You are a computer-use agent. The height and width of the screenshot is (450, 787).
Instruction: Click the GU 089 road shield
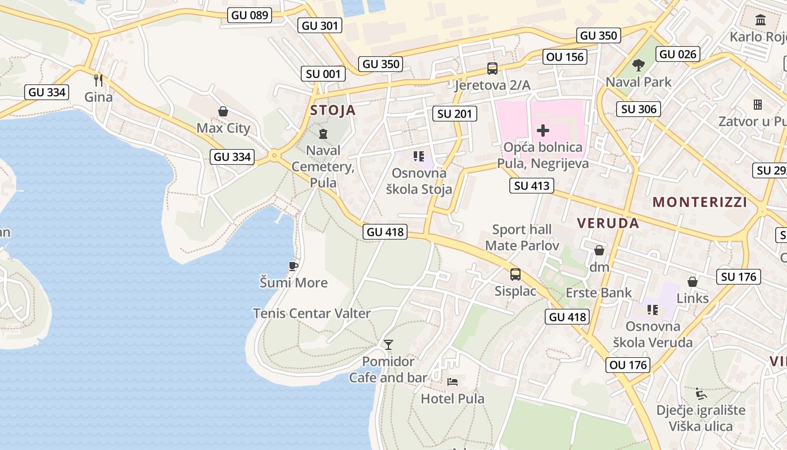coord(250,15)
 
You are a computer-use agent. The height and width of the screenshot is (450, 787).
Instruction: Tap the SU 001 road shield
coord(323,74)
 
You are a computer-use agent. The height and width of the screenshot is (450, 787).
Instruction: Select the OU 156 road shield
coord(565,57)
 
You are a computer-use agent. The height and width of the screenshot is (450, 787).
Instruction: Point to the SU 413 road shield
coord(532,186)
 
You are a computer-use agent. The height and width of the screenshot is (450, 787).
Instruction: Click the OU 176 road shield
coord(628,365)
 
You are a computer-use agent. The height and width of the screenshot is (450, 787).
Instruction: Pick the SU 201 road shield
coord(455,114)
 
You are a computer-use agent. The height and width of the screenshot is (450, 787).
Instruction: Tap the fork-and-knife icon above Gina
coord(98,80)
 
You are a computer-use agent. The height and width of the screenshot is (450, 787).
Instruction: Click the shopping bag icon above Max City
coord(223,111)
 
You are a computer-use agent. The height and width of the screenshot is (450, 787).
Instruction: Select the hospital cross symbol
coord(542,131)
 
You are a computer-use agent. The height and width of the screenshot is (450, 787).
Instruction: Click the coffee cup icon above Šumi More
coord(293,265)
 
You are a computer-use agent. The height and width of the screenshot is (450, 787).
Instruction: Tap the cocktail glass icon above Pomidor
coord(388,344)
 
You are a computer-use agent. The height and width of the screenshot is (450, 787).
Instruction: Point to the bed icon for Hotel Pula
coord(453,382)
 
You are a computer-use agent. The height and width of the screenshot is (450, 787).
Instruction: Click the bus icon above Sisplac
coord(515,274)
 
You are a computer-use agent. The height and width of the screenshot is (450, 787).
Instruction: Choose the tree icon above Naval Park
coord(638,65)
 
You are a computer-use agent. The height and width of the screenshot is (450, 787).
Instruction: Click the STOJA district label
coord(333,110)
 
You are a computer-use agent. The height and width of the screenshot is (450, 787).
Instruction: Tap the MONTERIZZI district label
coord(700,202)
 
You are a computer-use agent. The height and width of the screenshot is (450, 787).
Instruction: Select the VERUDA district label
coord(608,223)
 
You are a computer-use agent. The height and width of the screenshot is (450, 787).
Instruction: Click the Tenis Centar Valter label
coord(311,313)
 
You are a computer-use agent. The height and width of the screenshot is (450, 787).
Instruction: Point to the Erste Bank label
coord(599,292)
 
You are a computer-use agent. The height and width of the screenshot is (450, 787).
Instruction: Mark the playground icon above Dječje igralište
coord(700,393)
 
